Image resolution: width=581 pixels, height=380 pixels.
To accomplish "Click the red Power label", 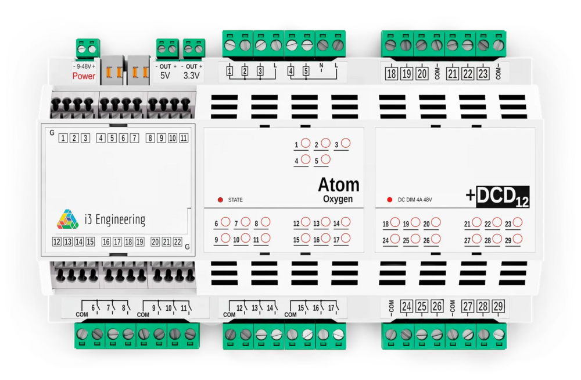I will [x=84, y=76].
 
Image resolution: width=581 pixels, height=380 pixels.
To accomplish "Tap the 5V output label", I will [x=166, y=76].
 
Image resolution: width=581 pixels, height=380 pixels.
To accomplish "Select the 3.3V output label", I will [x=192, y=76].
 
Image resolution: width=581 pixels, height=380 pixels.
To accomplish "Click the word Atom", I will [x=338, y=185].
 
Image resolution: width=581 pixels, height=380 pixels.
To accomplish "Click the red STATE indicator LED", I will [x=220, y=200].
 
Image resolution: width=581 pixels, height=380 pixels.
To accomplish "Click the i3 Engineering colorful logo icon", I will [x=67, y=219].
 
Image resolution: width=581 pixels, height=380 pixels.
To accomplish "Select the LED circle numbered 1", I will [x=305, y=143].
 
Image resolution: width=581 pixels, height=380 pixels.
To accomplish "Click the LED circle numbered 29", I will [x=517, y=239].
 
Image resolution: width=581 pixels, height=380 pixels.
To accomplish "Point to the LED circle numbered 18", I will [x=395, y=223].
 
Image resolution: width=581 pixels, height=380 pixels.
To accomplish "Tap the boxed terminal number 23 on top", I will [x=483, y=74].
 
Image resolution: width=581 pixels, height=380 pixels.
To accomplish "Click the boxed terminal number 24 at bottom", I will [x=406, y=306].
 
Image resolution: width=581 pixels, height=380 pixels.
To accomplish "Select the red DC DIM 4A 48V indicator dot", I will [x=389, y=200].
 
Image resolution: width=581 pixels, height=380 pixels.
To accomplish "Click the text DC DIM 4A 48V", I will [x=415, y=200].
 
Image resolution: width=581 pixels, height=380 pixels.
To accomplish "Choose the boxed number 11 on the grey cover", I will [x=184, y=138].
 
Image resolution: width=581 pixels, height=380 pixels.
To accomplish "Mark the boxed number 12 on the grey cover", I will [x=56, y=242].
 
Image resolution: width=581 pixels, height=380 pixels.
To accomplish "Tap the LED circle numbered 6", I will [x=225, y=222].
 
